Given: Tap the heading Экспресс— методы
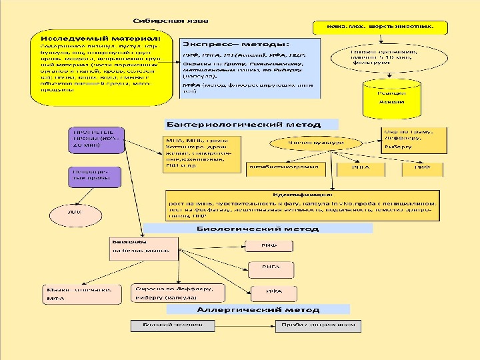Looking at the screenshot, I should (x=233, y=43).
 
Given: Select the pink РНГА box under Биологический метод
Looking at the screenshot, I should (x=269, y=269).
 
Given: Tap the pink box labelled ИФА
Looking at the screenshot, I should (x=269, y=291).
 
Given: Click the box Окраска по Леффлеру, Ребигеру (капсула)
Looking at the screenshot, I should (x=175, y=293).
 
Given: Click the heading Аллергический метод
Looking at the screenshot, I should (x=257, y=309).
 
